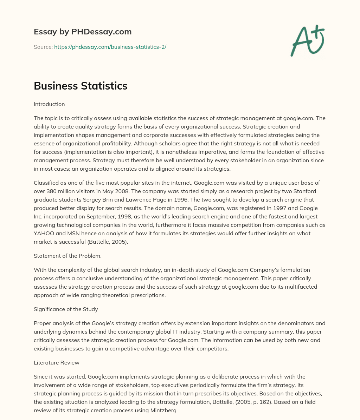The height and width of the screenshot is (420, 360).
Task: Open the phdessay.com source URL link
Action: point(110,47)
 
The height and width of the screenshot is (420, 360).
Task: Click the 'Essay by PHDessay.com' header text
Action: point(83,32)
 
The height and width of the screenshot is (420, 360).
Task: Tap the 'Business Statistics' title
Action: point(81,86)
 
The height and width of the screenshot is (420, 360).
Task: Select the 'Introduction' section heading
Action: point(49,104)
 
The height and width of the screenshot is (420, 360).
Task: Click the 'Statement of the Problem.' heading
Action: point(67,256)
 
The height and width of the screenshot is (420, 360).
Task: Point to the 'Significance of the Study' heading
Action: point(66,309)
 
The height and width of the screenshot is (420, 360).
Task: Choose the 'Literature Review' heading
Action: point(56,363)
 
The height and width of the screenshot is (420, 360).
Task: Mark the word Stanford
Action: point(304,191)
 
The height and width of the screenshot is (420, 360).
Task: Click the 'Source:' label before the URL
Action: point(43,47)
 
